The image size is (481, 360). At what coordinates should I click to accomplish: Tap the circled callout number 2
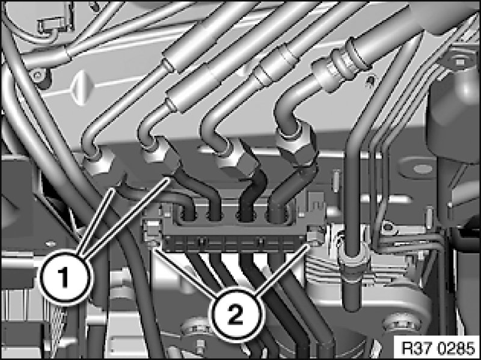236,316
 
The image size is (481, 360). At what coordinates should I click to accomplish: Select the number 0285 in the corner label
457,349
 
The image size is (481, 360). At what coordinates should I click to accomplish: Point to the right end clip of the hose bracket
315,236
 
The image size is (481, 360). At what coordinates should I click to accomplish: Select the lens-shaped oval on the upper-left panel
79,88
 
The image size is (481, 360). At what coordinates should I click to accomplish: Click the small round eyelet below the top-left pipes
39,75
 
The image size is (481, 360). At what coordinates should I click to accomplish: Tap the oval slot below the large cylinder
423,168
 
